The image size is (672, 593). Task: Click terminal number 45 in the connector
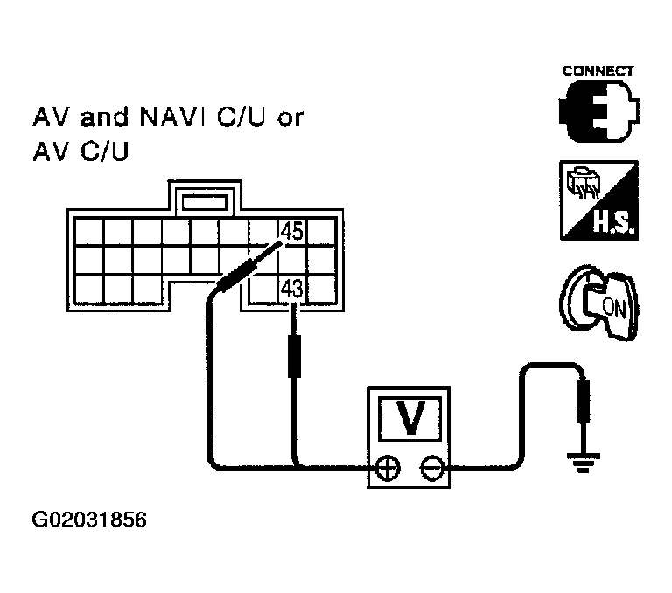pyautogui.click(x=292, y=232)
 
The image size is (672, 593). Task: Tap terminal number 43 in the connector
pyautogui.click(x=292, y=289)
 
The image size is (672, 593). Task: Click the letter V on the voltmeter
pyautogui.click(x=410, y=418)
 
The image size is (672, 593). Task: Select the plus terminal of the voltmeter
pyautogui.click(x=388, y=468)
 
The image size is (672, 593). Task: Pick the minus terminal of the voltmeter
pyautogui.click(x=432, y=468)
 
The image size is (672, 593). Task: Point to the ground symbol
pyautogui.click(x=583, y=462)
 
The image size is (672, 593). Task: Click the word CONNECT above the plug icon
pyautogui.click(x=598, y=71)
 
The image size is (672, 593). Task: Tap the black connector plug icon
pyautogui.click(x=598, y=111)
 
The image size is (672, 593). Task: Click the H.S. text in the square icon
pyautogui.click(x=613, y=222)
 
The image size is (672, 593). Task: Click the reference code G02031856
pyautogui.click(x=89, y=520)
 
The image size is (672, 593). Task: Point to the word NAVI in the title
pyautogui.click(x=172, y=116)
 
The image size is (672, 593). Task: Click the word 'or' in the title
pyautogui.click(x=290, y=119)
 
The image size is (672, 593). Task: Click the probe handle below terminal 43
pyautogui.click(x=294, y=357)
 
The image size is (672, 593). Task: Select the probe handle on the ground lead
pyautogui.click(x=583, y=401)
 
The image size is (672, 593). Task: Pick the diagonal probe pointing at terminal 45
pyautogui.click(x=248, y=268)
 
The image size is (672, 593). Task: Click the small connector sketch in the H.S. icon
pyautogui.click(x=583, y=185)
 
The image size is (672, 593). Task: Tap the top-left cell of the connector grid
pyautogui.click(x=88, y=232)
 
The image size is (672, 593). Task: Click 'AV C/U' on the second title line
pyautogui.click(x=81, y=151)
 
